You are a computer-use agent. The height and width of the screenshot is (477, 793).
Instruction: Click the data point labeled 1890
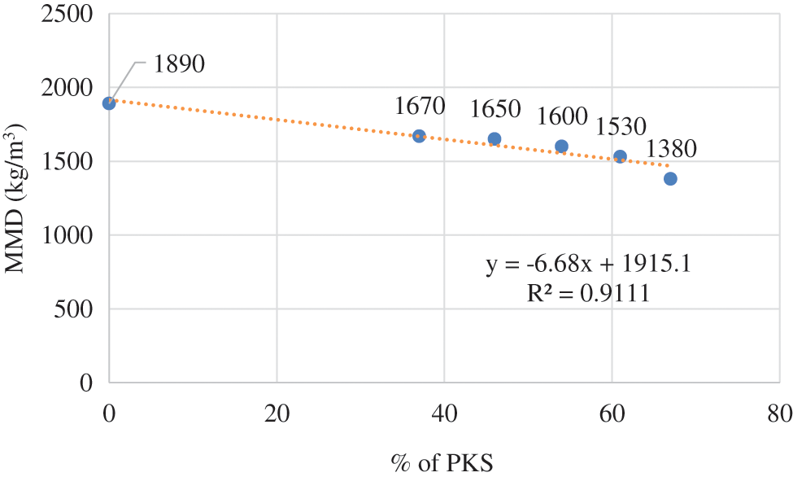click(x=109, y=103)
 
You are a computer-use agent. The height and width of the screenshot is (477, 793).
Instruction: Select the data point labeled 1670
click(x=419, y=136)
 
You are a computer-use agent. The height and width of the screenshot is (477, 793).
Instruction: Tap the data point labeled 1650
click(x=495, y=139)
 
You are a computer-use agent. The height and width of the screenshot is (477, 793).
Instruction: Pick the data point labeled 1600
click(x=561, y=147)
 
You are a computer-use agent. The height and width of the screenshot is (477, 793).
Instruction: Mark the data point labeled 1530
click(x=620, y=156)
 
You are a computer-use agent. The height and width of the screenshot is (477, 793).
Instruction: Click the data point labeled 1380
click(x=670, y=178)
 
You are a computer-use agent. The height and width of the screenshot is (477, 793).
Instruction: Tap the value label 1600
click(x=562, y=116)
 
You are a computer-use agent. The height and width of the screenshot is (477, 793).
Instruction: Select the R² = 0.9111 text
click(x=588, y=293)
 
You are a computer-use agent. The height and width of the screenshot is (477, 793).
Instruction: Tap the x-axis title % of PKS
click(x=442, y=461)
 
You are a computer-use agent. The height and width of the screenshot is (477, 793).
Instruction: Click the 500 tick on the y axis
click(x=76, y=309)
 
